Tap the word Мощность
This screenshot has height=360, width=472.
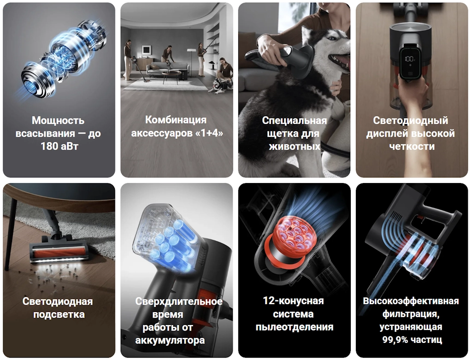tap(58, 120)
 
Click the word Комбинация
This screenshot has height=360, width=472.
tap(176, 120)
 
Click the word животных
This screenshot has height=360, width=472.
tap(294, 147)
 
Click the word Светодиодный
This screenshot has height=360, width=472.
tap(410, 120)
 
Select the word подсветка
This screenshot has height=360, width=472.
tap(59, 315)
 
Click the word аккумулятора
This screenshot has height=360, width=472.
tap(170, 341)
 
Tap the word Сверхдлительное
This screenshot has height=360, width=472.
tap(179, 301)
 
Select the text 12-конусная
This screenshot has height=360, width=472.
tap(293, 301)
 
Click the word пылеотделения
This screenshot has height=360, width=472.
tap(295, 327)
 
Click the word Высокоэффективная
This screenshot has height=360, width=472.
tap(411, 301)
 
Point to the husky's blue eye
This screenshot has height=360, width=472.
tap(332, 39)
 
